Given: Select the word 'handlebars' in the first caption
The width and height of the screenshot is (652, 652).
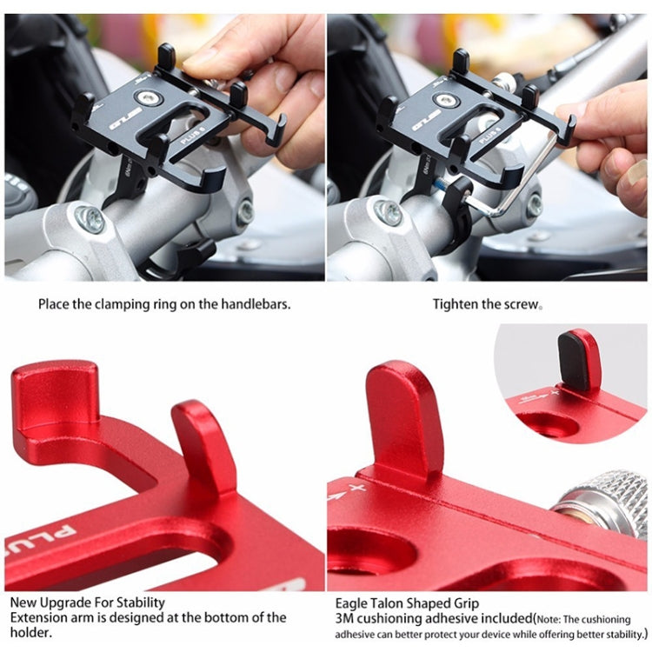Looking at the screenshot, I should coord(258,305).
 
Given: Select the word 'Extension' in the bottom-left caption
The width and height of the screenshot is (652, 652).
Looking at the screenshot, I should coord(38,618).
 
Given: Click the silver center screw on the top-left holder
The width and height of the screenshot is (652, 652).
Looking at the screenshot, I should coord(150,100).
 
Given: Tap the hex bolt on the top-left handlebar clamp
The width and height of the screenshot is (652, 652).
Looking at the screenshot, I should coord(90,218).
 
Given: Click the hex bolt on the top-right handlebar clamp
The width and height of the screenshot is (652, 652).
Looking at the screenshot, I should coord(389,212).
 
